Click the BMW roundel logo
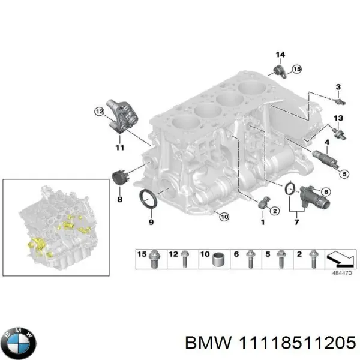pos(19,343)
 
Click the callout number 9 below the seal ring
pos(150,223)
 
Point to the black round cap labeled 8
pos(121,178)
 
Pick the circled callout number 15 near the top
pos(296,70)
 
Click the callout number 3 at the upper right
pos(338,87)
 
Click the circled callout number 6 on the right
pos(326,191)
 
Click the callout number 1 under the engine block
pos(262,223)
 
